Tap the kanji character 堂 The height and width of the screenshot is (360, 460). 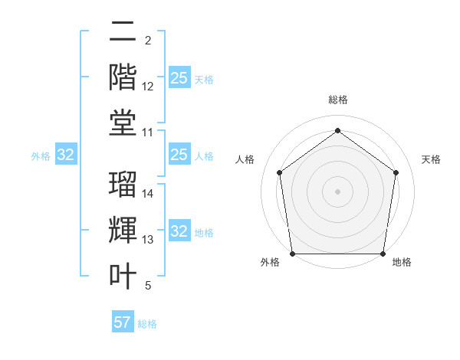[x=123, y=123]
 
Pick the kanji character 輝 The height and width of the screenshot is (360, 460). [x=123, y=230]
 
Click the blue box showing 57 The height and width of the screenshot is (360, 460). [x=123, y=322]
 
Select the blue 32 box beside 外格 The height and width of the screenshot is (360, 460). [x=65, y=155]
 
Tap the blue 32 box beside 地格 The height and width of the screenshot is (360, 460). [x=179, y=232]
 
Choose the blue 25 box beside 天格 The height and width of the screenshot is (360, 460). [x=179, y=78]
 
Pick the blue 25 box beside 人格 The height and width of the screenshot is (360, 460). [x=179, y=155]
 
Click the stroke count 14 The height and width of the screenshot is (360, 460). [x=148, y=193]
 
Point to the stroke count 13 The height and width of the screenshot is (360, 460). [x=148, y=240]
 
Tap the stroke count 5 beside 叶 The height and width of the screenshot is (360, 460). [x=148, y=286]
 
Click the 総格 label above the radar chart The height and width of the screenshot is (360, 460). [x=338, y=100]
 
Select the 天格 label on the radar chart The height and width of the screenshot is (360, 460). [x=431, y=159]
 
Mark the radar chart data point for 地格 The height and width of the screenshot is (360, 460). [x=383, y=254]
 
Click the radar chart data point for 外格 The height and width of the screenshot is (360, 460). [x=292, y=254]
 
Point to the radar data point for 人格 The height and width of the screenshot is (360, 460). [x=279, y=172]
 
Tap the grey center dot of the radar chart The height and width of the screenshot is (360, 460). [x=338, y=191]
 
